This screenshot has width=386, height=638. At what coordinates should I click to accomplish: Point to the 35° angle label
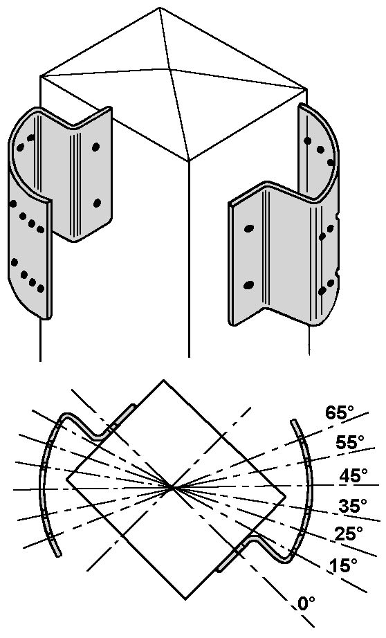click(x=353, y=506)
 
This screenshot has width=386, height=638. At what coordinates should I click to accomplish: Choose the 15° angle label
click(x=344, y=565)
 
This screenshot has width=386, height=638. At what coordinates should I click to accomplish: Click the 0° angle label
click(x=306, y=603)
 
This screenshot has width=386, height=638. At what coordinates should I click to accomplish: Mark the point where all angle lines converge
click(x=172, y=486)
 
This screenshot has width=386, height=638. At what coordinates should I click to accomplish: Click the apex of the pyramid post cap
click(x=169, y=69)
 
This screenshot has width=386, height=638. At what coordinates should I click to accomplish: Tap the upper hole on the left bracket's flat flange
click(x=95, y=147)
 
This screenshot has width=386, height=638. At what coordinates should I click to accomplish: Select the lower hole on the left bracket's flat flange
click(x=97, y=203)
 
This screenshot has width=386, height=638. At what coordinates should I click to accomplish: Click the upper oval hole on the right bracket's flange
click(x=249, y=228)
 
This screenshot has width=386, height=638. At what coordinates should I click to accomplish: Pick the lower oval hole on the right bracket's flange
click(x=248, y=286)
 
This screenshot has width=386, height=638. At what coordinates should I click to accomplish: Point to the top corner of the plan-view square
click(x=163, y=380)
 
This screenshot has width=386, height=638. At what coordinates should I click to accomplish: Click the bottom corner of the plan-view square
click(x=185, y=599)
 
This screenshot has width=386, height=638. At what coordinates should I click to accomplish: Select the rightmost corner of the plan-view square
click(x=285, y=496)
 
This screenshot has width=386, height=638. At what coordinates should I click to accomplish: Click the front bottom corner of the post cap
click(x=189, y=161)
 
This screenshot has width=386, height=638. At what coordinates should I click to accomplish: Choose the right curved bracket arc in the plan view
click(x=311, y=489)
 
